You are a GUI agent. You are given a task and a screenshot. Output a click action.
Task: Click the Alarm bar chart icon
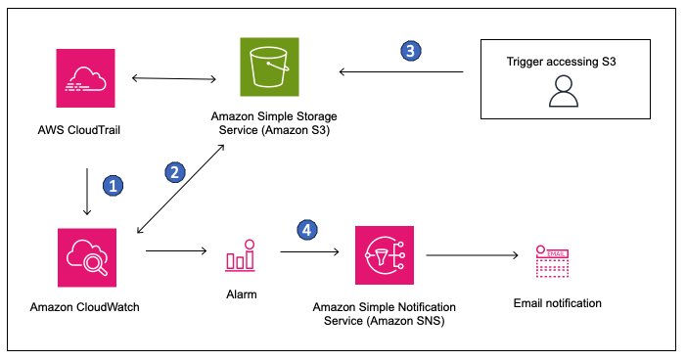pos(241,256)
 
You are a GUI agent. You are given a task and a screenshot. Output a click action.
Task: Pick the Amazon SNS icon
pos(382,255)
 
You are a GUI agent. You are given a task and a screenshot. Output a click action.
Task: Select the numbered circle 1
pos(114,185)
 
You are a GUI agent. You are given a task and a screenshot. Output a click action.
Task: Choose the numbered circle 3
pos(411,52)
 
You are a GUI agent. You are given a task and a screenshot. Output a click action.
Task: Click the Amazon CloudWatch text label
pos(86,307)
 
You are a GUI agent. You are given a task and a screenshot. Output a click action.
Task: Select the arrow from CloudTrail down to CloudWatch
pos(87,191)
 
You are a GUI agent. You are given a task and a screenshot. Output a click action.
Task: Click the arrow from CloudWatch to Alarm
pos(176,251)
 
